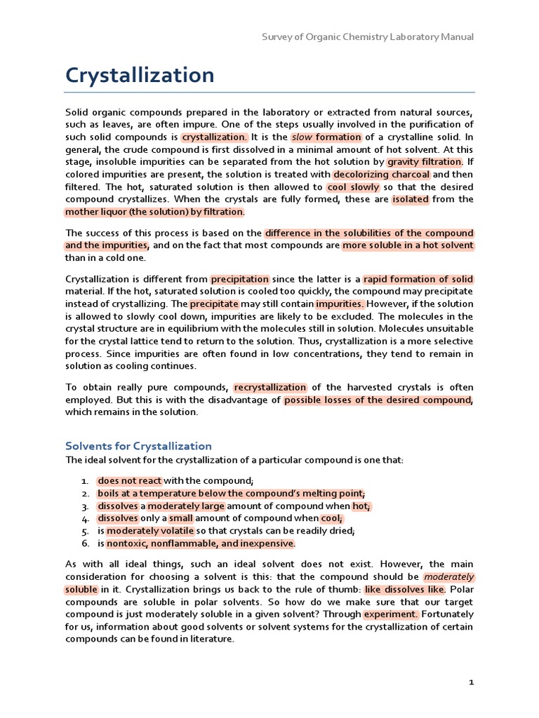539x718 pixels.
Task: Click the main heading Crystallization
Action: click(140, 75)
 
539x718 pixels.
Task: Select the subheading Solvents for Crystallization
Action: click(138, 446)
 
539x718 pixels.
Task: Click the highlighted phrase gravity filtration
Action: click(425, 162)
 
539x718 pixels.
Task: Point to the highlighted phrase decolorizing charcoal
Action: click(381, 175)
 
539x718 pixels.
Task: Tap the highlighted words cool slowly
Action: click(353, 187)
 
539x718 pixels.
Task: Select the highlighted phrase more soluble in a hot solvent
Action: click(408, 245)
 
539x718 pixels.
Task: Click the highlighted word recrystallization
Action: click(270, 387)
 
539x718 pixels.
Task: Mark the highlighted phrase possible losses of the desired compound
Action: click(378, 400)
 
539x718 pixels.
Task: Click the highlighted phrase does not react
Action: click(129, 480)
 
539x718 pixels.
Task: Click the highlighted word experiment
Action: click(391, 614)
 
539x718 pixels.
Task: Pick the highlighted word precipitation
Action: click(240, 278)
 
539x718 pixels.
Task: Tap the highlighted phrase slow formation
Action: click(326, 137)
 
